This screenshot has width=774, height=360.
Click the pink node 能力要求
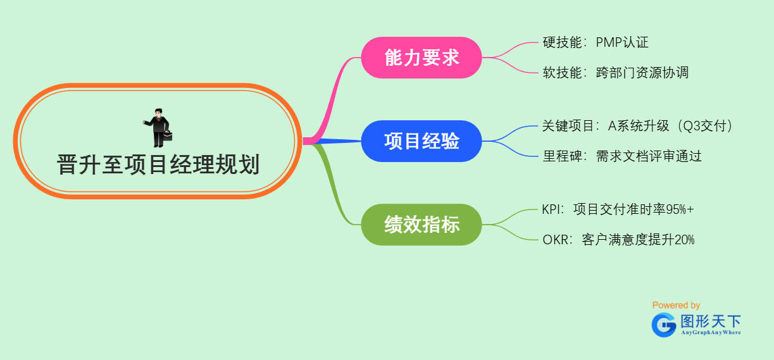(421, 58)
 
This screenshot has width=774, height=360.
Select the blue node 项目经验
(421, 141)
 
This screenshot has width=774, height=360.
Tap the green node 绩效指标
(421, 225)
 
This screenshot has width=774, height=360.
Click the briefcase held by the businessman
(168, 135)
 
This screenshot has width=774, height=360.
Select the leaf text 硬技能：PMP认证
(596, 42)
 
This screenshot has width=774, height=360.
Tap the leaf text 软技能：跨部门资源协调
(615, 73)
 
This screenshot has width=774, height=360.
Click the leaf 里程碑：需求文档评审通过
(622, 156)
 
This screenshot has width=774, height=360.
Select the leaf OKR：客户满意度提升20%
(618, 240)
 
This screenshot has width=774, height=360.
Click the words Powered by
(676, 305)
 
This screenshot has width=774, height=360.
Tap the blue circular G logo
(664, 325)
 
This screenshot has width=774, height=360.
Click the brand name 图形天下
(710, 320)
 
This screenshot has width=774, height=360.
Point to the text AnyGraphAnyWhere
(710, 332)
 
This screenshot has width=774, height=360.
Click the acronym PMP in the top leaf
(609, 42)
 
